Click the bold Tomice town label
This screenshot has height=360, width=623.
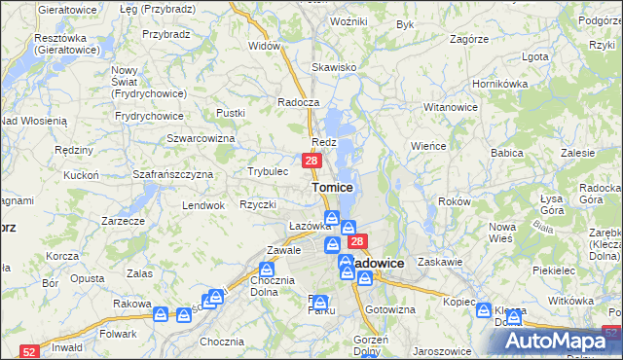(332, 187)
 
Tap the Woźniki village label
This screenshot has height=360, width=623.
(348, 21)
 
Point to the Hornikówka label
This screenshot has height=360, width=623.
(498, 84)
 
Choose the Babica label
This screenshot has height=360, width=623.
(507, 154)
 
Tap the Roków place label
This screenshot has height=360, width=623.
(455, 201)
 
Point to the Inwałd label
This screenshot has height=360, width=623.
(66, 346)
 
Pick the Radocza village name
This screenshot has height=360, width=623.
(298, 102)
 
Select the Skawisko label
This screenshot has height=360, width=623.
(331, 68)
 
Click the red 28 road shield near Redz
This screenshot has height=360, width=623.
(311, 161)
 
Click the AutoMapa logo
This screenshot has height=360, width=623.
(555, 341)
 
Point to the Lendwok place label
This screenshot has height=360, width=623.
(203, 206)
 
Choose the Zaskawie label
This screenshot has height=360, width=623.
(437, 263)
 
